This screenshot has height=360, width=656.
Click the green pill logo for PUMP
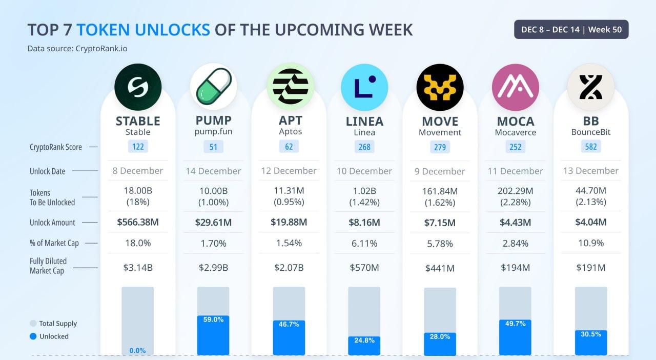tap(213, 87)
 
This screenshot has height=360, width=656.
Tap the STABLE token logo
tap(138, 87)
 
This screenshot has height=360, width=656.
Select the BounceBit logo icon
tap(590, 87)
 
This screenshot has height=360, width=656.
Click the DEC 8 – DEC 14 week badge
tap(571, 30)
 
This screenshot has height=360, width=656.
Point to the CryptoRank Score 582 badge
tap(590, 147)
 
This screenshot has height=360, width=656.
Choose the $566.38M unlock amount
tap(138, 222)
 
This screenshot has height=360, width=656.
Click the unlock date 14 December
tap(213, 171)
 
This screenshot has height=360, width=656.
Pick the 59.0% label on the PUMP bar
tap(213, 319)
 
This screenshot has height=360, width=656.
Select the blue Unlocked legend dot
tap(33, 336)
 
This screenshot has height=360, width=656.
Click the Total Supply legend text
tap(58, 324)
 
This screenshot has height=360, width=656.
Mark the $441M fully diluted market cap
tap(440, 268)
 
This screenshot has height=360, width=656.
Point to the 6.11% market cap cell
tap(364, 243)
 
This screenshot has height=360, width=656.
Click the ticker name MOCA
tap(515, 122)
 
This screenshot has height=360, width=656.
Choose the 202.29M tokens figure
tap(515, 191)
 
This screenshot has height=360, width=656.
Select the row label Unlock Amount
tap(52, 223)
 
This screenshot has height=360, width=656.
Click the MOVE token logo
tap(440, 87)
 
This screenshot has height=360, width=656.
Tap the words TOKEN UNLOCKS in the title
tap(143, 30)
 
